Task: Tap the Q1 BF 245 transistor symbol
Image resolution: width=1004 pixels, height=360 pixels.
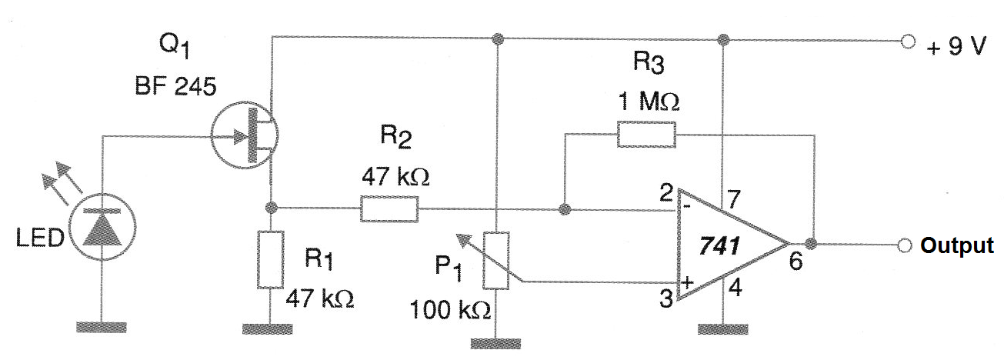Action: (x=245, y=135)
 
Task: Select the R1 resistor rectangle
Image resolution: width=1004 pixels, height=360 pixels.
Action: (x=270, y=259)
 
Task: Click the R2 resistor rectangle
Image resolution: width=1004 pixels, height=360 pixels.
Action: (x=389, y=209)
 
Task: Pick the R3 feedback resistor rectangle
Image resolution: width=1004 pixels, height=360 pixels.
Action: (x=646, y=134)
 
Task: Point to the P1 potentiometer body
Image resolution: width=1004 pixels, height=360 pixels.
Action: (x=496, y=261)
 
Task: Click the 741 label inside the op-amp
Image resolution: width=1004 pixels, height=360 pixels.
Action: (x=719, y=245)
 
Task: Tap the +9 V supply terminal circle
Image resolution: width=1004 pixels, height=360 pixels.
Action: (x=908, y=42)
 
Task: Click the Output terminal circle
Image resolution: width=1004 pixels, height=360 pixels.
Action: (x=905, y=245)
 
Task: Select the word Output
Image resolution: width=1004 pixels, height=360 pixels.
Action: (x=957, y=245)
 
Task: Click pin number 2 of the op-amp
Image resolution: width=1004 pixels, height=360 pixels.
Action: (x=666, y=193)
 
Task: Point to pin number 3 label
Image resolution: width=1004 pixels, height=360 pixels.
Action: (x=666, y=298)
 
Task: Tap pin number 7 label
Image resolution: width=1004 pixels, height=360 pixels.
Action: (x=733, y=198)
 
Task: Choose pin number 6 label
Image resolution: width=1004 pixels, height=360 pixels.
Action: (x=796, y=262)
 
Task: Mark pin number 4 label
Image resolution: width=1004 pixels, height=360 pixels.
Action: (x=735, y=287)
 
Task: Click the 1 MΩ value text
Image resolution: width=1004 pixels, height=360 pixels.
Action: (x=649, y=102)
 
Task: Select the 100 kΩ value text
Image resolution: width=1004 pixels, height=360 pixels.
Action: (x=450, y=310)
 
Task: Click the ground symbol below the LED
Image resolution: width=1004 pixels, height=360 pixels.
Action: (x=102, y=327)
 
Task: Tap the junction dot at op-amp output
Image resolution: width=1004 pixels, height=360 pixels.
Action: (x=810, y=244)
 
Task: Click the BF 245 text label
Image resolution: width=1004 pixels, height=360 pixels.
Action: (x=175, y=85)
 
